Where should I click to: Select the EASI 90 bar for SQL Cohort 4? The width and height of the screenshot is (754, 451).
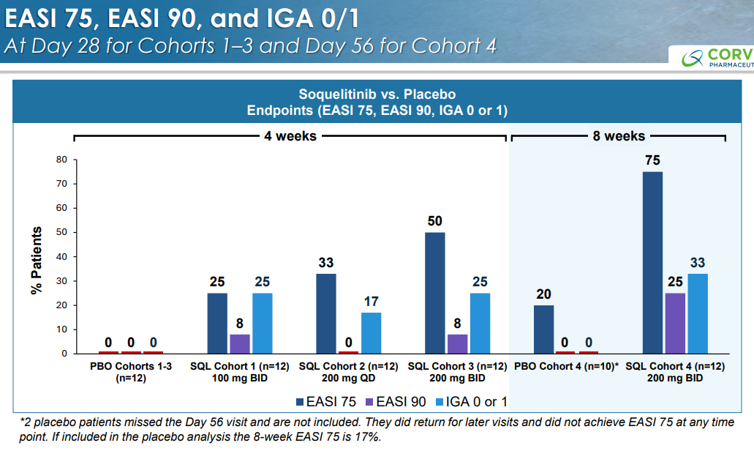675,323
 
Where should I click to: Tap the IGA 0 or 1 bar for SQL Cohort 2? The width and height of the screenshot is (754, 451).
371,332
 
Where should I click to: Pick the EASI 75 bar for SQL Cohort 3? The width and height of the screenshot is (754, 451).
436,293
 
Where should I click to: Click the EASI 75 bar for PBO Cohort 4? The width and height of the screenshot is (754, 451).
543,329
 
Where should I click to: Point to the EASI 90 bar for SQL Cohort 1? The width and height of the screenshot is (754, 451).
240,344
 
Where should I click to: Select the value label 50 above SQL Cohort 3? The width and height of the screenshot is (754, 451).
436,221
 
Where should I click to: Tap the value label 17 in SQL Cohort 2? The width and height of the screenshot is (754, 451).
371,301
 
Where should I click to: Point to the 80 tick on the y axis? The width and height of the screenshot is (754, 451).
62,159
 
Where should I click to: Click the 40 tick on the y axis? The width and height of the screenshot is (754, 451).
62,256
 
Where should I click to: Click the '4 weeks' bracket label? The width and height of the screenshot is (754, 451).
290,136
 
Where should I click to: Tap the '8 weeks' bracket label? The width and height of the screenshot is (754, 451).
619,136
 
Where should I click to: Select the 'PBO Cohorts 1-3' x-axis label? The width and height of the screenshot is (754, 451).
132,365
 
